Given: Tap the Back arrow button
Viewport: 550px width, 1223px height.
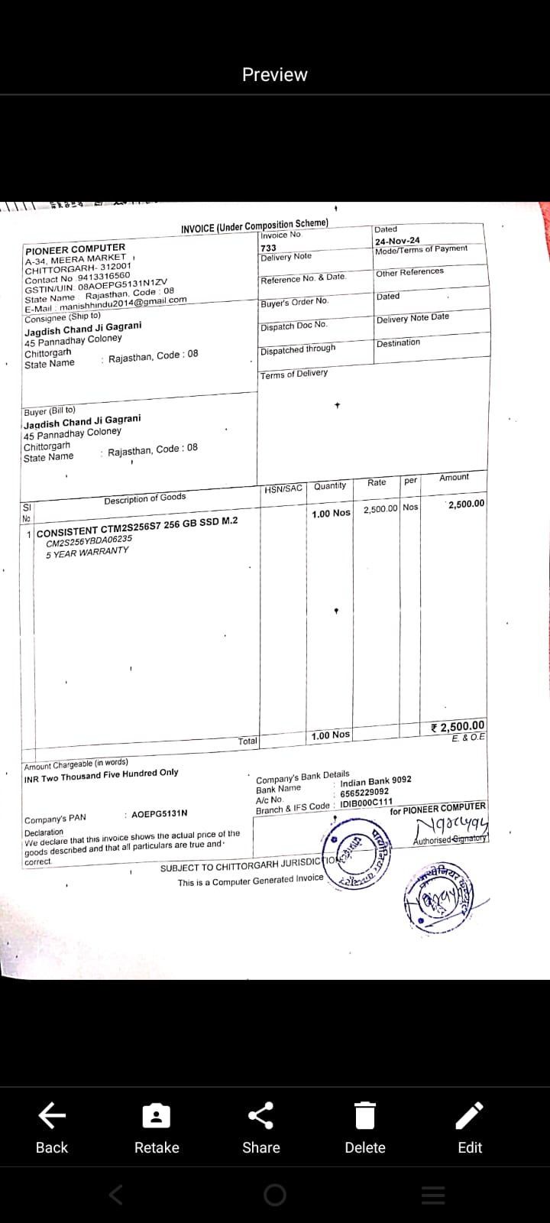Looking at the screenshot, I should click(51, 1117).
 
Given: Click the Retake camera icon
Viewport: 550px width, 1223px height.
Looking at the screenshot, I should click(157, 1117).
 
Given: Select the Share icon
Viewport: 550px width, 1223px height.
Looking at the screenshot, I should click(261, 1117).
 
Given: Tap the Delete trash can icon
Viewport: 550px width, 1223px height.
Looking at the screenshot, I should click(365, 1117).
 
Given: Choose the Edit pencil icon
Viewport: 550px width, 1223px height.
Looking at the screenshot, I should click(470, 1117).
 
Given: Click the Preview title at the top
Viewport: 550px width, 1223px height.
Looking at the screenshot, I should click(275, 74).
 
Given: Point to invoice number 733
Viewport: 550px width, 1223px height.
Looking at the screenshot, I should click(269, 248).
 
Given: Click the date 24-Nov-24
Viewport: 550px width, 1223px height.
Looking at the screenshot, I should click(397, 240).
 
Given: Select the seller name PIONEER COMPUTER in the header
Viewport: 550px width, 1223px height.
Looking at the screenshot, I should click(75, 248).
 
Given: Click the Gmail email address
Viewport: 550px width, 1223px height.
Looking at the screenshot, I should click(123, 303).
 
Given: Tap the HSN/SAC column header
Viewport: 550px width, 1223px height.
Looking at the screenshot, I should click(283, 488).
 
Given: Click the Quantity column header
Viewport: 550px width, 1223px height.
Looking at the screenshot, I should click(330, 486).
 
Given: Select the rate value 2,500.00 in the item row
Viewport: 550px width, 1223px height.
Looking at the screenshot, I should click(380, 508).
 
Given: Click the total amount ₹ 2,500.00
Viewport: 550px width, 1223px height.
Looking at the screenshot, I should click(458, 726).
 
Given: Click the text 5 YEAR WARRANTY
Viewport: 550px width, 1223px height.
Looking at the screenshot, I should click(87, 553).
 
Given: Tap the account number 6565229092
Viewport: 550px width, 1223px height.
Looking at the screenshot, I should click(364, 792).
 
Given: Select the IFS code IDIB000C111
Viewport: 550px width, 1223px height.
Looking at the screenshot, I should click(366, 803).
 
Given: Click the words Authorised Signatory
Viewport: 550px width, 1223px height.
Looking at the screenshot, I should click(449, 839).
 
